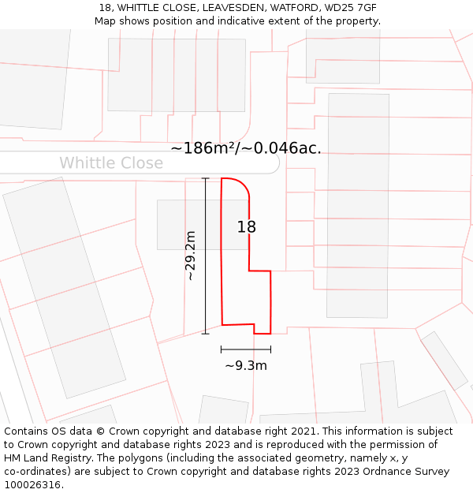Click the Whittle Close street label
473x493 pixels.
click(111, 163)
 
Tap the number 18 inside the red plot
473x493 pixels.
click(247, 227)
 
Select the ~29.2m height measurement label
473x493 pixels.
click(191, 256)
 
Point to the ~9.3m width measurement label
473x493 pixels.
click(246, 366)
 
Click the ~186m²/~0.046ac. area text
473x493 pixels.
click(245, 148)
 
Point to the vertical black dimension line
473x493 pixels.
click(206, 256)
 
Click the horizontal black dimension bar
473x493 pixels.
click(246, 349)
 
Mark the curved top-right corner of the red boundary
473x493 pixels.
click(245, 186)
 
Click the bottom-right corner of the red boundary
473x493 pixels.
click(270, 333)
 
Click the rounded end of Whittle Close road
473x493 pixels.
click(274, 162)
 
